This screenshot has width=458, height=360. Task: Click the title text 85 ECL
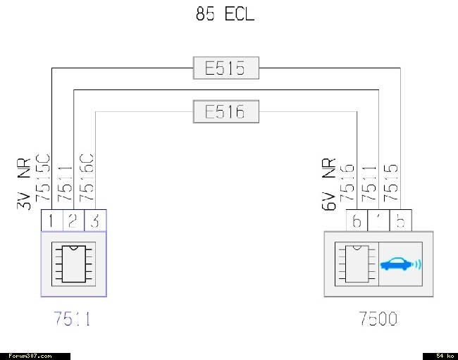coord(225,14)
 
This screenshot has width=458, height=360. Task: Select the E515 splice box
coord(225,69)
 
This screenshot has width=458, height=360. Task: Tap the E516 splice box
coord(225,112)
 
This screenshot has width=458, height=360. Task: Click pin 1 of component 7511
coord(51,221)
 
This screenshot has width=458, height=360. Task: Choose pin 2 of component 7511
coord(73,221)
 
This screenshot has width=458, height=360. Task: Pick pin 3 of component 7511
coord(95,221)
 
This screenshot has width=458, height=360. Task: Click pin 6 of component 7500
coord(357,221)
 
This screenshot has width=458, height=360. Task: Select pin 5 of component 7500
coord(400,221)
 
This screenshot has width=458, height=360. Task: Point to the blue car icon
coord(400,265)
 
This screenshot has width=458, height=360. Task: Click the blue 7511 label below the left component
coord(73,319)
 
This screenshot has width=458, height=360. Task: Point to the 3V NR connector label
coord(23,183)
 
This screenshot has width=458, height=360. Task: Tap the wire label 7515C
coord(43,179)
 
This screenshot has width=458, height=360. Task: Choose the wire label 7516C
coord(87,179)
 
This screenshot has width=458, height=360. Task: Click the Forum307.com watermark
coord(35,356)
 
